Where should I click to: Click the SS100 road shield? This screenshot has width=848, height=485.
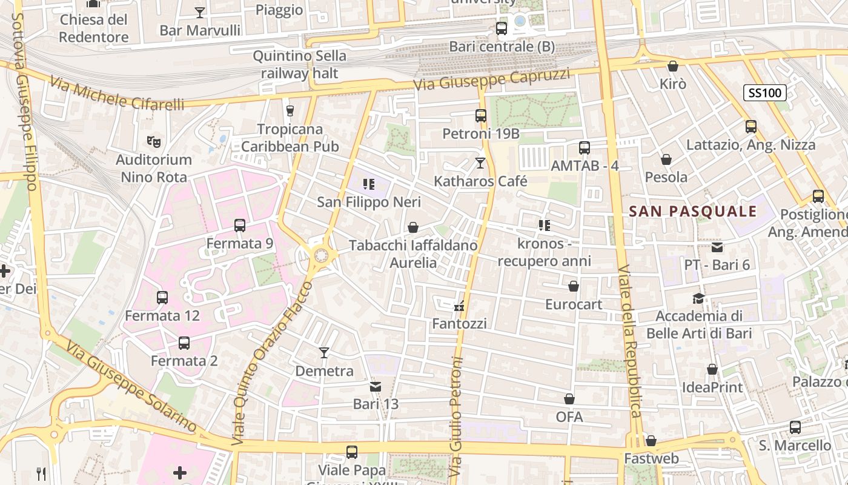(x=765, y=93)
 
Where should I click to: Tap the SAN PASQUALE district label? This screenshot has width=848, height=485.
(x=693, y=211)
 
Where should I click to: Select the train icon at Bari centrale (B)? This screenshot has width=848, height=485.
(x=502, y=28)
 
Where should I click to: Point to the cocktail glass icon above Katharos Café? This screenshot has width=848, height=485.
(x=480, y=162)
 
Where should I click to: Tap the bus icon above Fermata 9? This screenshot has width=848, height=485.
(x=240, y=226)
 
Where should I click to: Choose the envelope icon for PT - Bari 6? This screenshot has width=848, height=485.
(x=717, y=247)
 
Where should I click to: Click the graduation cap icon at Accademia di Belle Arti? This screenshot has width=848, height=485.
(x=699, y=298)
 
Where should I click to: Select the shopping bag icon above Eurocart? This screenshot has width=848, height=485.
(x=574, y=286)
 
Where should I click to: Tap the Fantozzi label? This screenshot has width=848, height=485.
(x=459, y=324)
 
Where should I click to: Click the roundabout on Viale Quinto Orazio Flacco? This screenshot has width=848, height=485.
(x=320, y=255)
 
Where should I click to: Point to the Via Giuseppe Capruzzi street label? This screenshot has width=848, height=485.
(x=492, y=79)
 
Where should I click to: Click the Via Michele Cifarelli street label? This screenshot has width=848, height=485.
(x=117, y=94)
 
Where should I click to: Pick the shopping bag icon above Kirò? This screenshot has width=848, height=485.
(x=673, y=66)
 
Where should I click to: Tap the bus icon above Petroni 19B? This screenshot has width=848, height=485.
(x=481, y=115)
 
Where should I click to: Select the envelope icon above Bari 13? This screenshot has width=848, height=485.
(x=376, y=386)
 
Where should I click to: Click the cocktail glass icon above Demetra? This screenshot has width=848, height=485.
(x=324, y=353)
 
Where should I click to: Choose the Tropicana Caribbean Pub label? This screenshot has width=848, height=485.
(x=290, y=138)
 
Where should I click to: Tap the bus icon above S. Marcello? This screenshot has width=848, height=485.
(x=795, y=427)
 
